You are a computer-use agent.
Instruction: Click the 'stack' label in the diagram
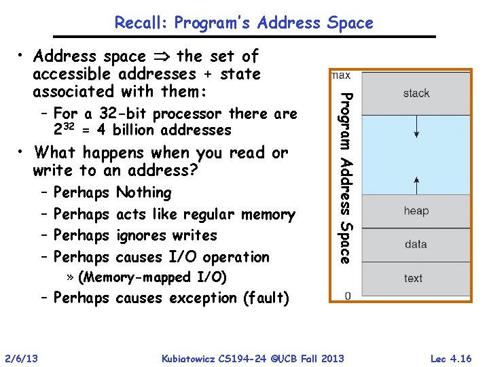point(416,93)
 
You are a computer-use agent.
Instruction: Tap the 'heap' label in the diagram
point(416,211)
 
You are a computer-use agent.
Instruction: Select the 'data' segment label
point(415,244)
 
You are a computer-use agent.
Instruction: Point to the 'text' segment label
point(413,278)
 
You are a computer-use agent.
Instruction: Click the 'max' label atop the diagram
point(342,75)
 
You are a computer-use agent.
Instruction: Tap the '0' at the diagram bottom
point(347,296)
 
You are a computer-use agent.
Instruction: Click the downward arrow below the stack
point(416,126)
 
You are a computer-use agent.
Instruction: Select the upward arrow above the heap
point(416,183)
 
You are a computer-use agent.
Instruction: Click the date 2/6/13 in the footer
point(21,358)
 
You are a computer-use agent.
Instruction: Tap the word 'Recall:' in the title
point(141,22)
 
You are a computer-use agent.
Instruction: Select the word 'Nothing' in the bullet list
point(144,192)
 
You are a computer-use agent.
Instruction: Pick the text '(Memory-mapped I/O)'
point(153,277)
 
